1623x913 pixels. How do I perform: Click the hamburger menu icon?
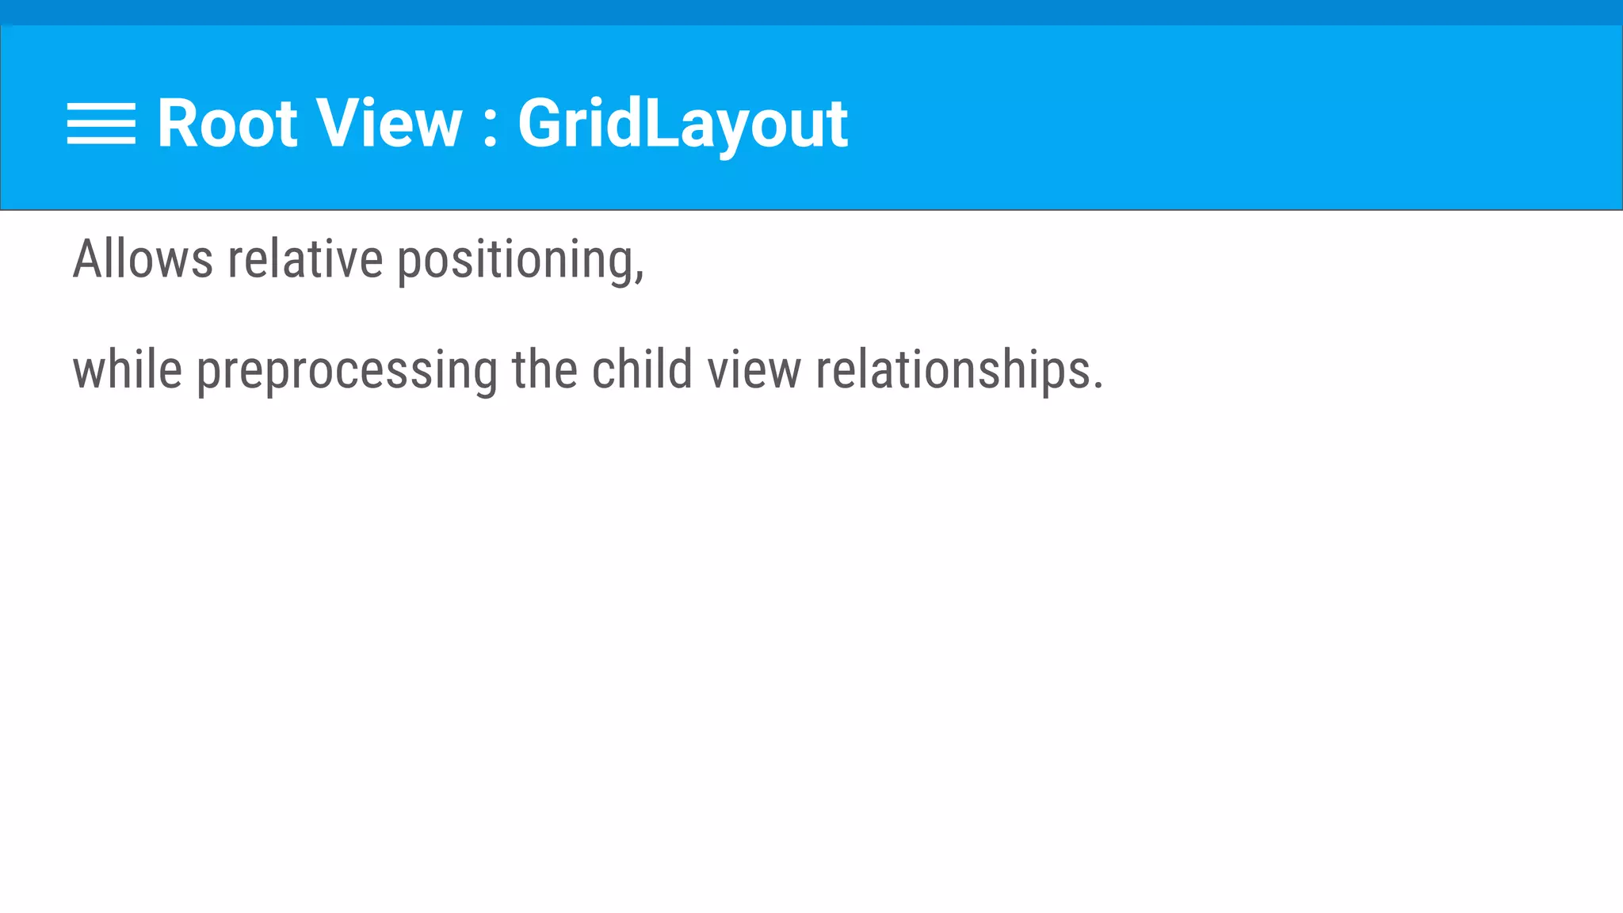[x=101, y=124]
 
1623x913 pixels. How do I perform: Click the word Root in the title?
[x=227, y=124]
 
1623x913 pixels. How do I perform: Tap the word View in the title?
[x=388, y=124]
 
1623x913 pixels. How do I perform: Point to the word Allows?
[x=143, y=259]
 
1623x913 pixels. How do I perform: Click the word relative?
[x=305, y=259]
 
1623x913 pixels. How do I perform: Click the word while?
[x=128, y=370]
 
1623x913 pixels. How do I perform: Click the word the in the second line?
[x=544, y=370]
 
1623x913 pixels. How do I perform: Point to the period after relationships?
[x=1098, y=385]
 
